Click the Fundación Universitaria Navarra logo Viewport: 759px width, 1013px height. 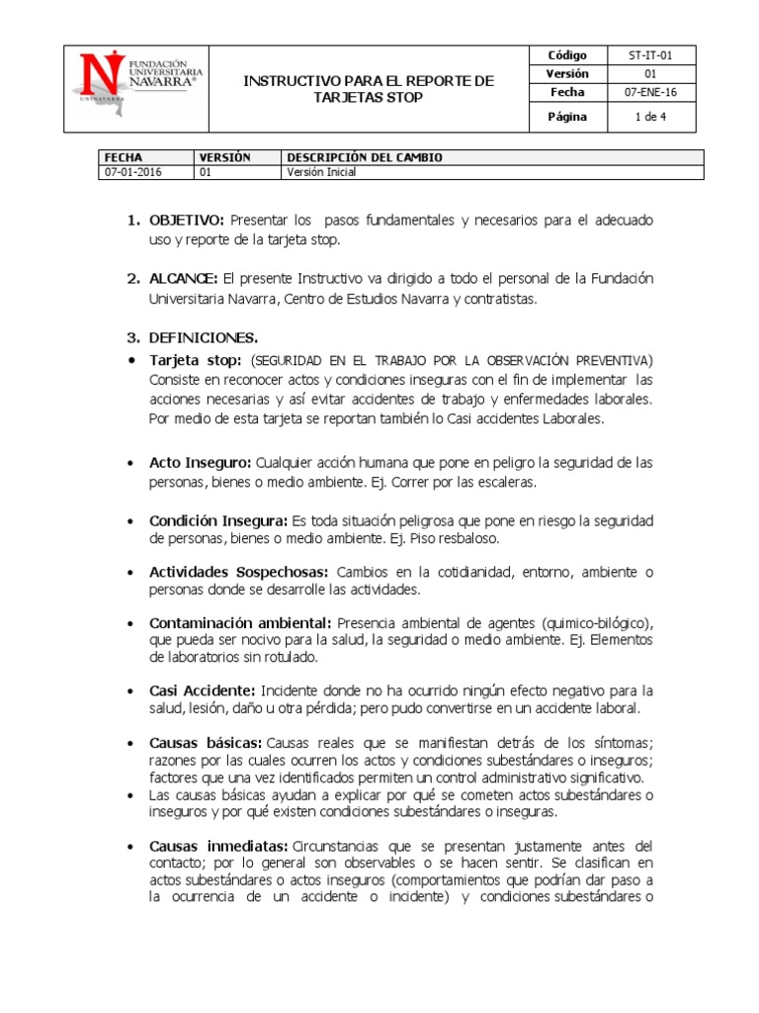click(x=136, y=87)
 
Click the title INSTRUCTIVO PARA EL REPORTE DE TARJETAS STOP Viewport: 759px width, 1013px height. click(x=368, y=88)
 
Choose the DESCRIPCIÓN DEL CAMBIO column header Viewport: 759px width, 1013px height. click(x=365, y=157)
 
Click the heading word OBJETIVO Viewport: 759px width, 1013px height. click(x=187, y=219)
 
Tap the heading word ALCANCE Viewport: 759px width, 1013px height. click(x=184, y=278)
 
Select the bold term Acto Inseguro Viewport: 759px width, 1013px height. click(x=201, y=462)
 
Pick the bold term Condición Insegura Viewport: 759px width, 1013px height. click(x=217, y=520)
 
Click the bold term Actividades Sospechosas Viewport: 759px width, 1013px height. click(x=237, y=572)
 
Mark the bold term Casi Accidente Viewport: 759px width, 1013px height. click(x=202, y=690)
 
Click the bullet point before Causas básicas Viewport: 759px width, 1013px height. click(x=133, y=742)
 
